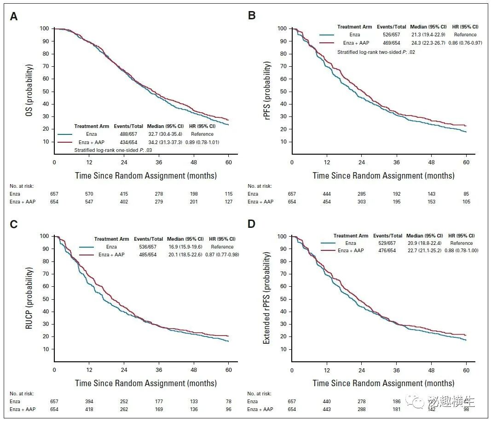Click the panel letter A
[14, 16]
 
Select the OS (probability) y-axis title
[29, 91]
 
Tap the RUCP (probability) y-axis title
[29, 298]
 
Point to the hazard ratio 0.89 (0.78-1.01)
[202, 142]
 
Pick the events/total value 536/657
[148, 247]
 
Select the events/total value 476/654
[387, 250]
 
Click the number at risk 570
[89, 194]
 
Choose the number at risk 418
[89, 409]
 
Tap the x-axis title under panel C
[146, 383]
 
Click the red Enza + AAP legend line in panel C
[87, 255]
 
